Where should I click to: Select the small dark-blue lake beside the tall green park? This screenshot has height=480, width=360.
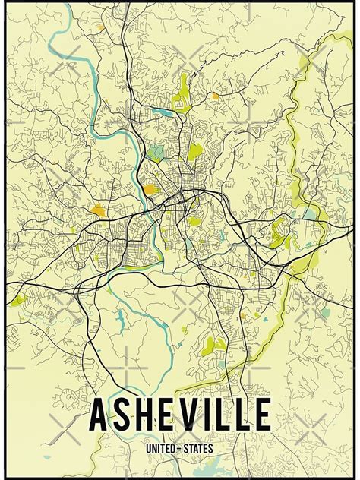(x=163, y=112)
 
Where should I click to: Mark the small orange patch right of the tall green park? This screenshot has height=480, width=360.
(x=215, y=96)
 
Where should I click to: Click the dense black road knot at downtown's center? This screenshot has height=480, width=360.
(x=178, y=204)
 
